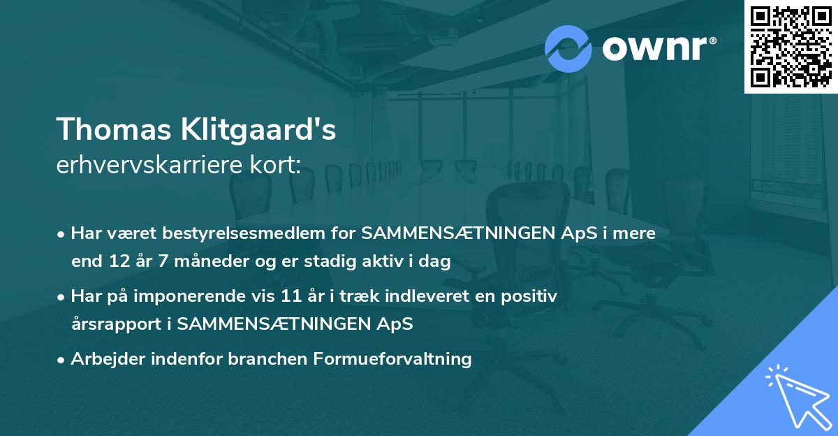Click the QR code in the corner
[x=791, y=46]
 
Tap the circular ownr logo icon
[x=568, y=49]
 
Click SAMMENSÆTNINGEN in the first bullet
[x=469, y=233]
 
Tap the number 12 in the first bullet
[x=115, y=262]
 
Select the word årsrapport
[x=119, y=324]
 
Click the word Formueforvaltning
[x=393, y=359]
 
